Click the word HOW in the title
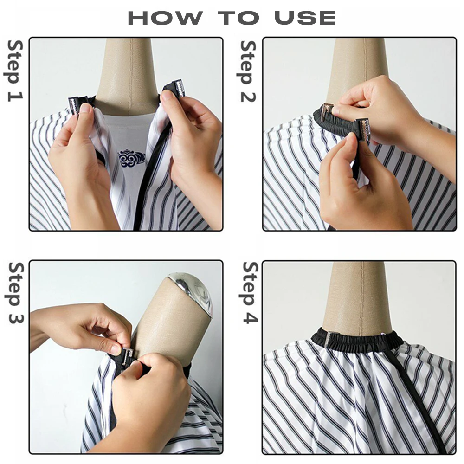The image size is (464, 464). point(166,18)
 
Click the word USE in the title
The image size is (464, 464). point(305,18)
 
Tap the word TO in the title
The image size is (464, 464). point(238,18)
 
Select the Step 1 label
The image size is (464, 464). point(15,71)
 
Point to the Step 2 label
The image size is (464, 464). point(248,71)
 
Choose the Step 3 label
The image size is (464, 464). point(15,293)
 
